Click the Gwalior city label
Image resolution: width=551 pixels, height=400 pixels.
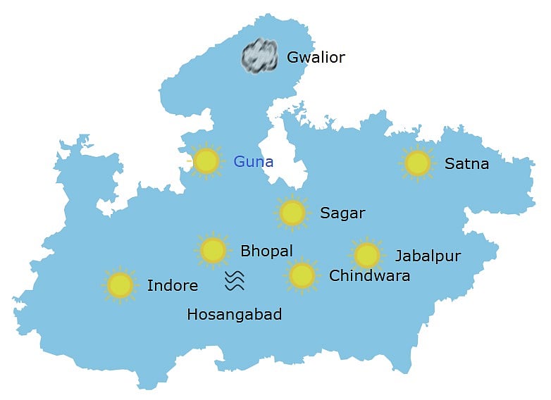coord(316,58)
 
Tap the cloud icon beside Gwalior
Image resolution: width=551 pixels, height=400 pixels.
coord(261,56)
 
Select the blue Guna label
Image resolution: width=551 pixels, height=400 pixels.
coord(253,162)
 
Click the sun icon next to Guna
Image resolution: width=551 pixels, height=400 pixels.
coord(206,161)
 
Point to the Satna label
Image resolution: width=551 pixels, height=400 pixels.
coord(466,164)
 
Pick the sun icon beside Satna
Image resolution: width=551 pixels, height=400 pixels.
coord(418,163)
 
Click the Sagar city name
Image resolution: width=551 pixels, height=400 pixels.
coord(342,213)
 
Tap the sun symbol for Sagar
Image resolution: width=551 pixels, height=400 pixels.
coord(292,212)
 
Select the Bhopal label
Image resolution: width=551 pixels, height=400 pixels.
coord(266,251)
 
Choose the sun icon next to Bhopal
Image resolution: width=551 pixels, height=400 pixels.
coord(213,249)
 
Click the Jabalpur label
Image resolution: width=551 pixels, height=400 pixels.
coord(428,256)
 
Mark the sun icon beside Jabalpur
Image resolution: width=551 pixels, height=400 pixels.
coord(366,255)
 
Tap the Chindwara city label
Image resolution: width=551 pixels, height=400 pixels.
coord(369,275)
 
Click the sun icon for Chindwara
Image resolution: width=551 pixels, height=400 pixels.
coord(302,275)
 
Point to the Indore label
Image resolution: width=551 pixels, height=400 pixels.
coord(172,286)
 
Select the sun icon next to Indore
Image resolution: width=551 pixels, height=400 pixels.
coord(120,285)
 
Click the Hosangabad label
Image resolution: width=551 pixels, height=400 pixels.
coord(234,315)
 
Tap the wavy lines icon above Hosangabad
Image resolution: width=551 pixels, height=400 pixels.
coord(235,281)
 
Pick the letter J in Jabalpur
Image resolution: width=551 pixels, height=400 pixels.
coord(399,256)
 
